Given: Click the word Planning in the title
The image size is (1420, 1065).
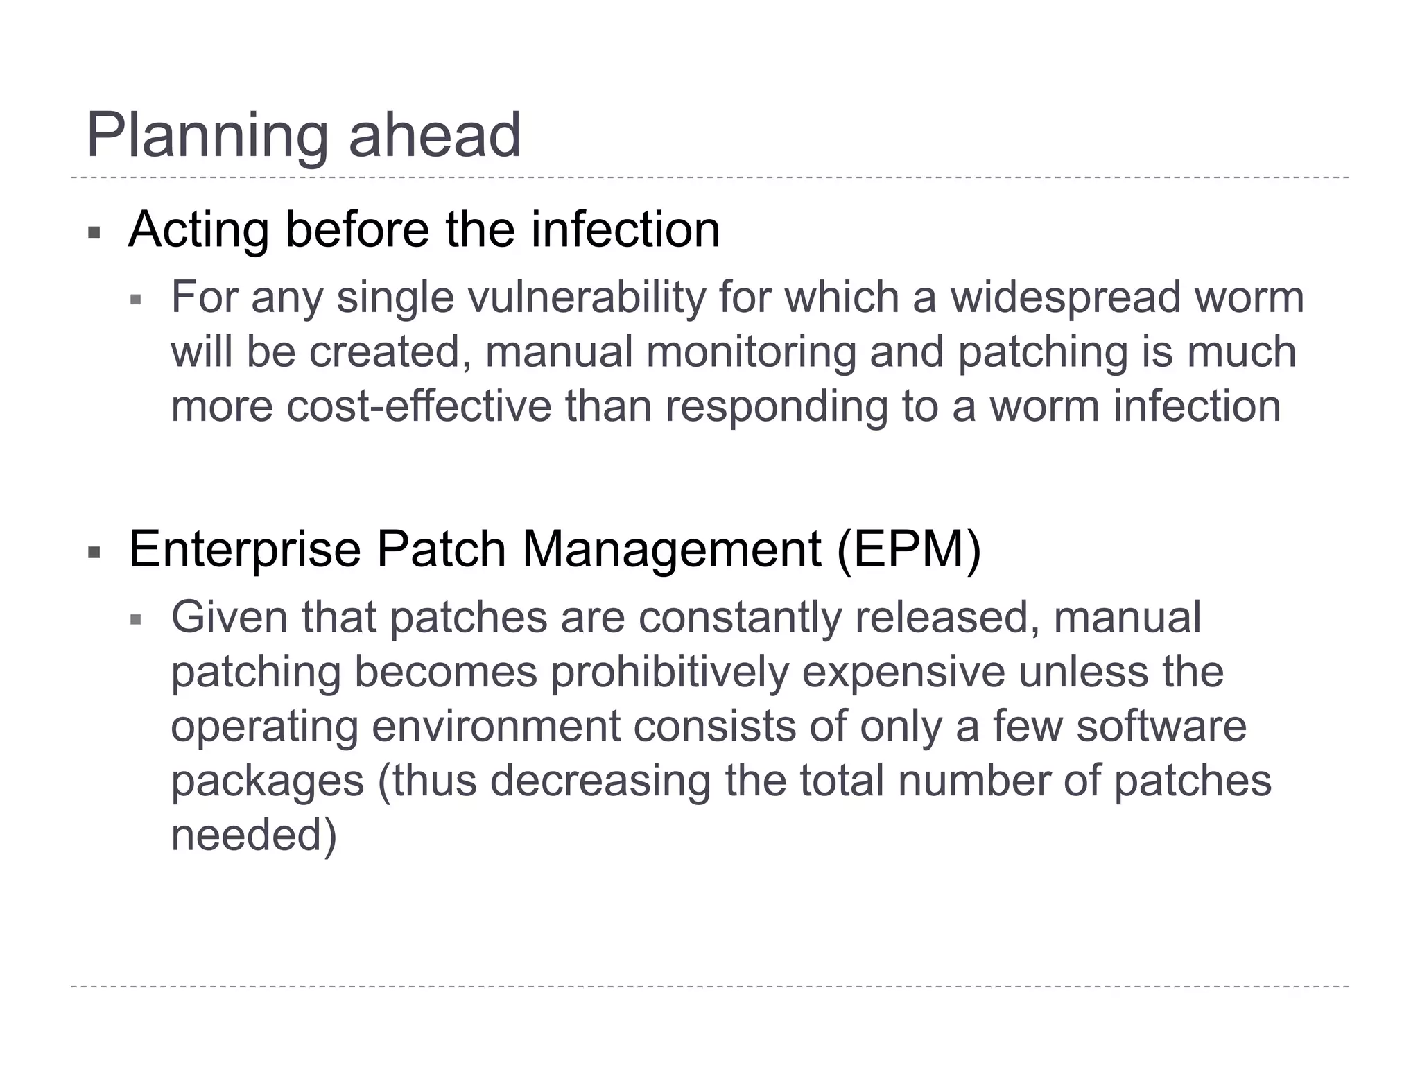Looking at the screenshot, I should tap(207, 136).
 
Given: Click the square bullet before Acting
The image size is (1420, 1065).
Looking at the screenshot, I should tap(94, 232).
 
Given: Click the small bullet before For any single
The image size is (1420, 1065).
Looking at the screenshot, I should tap(136, 300).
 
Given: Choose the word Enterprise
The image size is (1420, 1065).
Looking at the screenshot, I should tap(245, 550).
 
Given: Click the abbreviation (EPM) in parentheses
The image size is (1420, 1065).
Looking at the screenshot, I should tap(908, 550).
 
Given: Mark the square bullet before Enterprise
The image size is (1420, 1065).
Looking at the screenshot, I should tap(94, 553).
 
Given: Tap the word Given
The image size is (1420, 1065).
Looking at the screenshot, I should tap(230, 617).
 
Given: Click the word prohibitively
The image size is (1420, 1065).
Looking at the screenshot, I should tap(670, 673).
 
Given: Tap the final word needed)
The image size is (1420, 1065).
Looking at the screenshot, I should tap(254, 835).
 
